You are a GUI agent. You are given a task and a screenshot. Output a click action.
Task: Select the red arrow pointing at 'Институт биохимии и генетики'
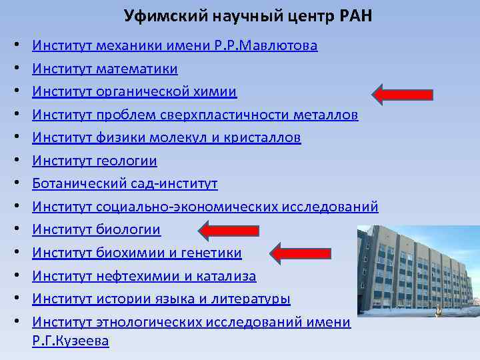(x=303, y=253)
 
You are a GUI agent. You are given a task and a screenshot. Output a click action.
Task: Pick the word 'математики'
(x=137, y=69)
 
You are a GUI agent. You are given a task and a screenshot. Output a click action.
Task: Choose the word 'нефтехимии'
(x=131, y=276)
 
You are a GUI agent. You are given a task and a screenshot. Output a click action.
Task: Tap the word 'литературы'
(x=256, y=299)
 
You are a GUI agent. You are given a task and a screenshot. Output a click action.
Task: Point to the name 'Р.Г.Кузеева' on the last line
(x=71, y=341)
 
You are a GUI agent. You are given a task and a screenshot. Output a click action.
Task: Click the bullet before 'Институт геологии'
(x=15, y=161)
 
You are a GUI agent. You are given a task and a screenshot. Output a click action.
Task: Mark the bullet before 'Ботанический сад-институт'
(x=15, y=184)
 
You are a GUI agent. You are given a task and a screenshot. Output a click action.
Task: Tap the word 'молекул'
(x=197, y=138)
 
